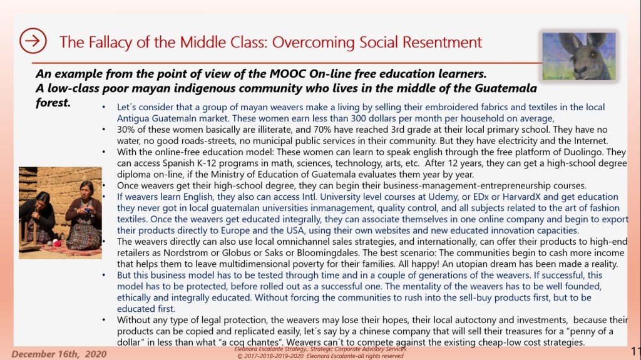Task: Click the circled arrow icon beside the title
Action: click(33, 41)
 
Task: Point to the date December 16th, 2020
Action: click(56, 354)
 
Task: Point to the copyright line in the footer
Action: click(319, 356)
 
